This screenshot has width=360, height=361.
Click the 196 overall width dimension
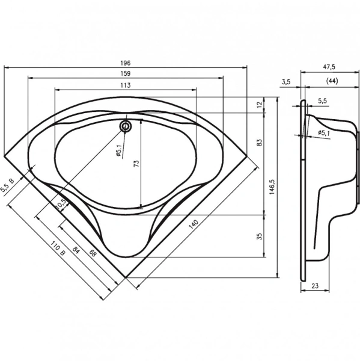(126, 63)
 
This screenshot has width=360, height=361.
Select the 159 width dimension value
(126, 73)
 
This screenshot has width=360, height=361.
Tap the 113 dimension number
(126, 85)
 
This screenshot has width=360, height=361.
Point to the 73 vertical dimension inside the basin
(136, 164)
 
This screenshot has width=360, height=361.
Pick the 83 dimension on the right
(259, 143)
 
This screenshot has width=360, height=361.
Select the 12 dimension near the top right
(259, 105)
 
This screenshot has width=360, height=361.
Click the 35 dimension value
(259, 236)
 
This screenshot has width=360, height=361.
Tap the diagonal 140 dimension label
(194, 224)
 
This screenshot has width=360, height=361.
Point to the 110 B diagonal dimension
(58, 248)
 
